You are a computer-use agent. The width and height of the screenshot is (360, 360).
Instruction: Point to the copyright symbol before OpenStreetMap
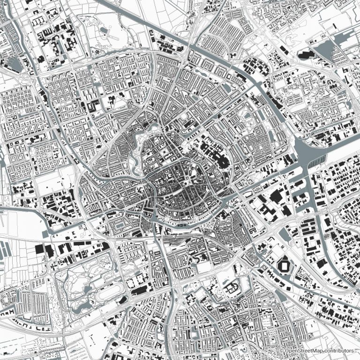click(281, 351)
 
